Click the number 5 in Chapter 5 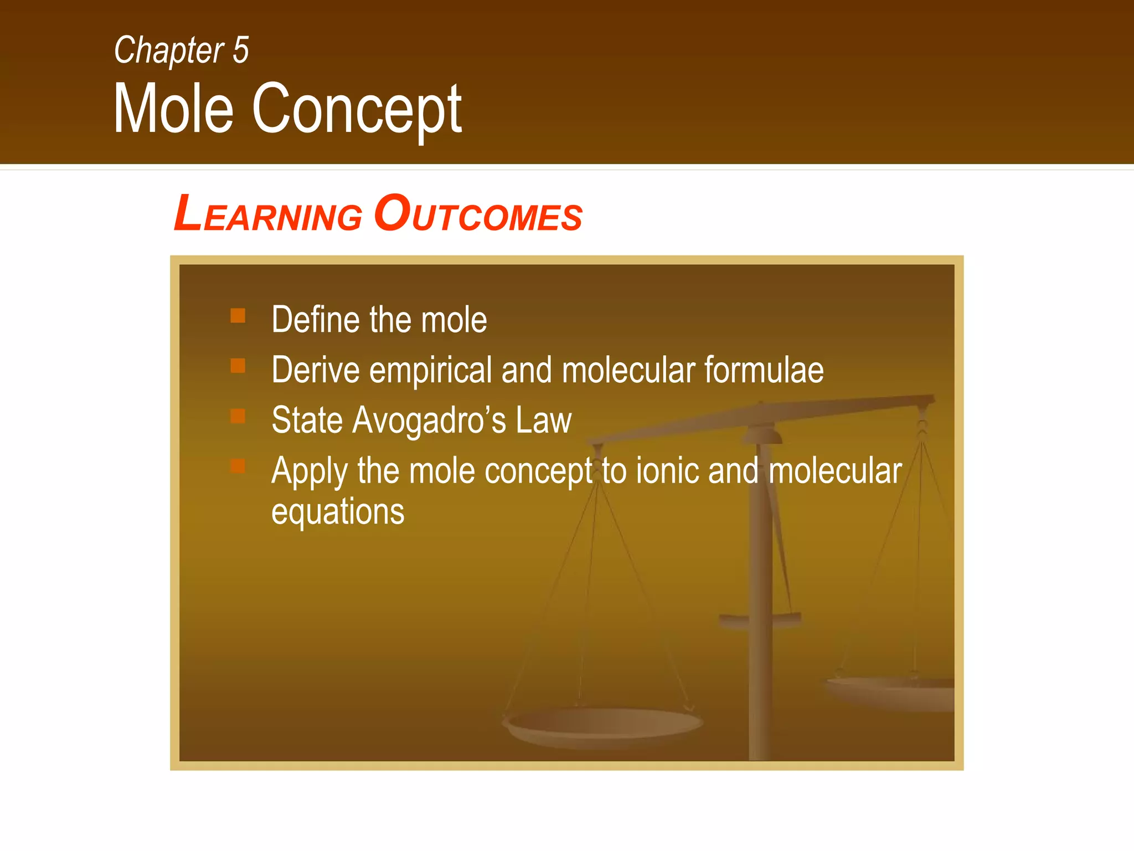(241, 50)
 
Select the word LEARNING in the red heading (268, 214)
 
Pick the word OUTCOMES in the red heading (478, 214)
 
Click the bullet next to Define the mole (238, 316)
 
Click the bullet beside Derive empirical (238, 366)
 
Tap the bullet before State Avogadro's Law (238, 416)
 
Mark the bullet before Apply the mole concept (238, 466)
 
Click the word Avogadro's (429, 421)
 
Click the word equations (338, 512)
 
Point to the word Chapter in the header (169, 50)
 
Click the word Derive (315, 370)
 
